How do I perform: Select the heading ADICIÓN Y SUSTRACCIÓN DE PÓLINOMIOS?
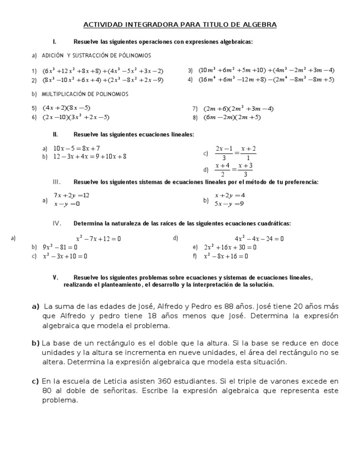(x=96, y=56)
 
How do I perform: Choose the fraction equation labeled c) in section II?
(x=235, y=153)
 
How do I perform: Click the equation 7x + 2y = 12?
(x=71, y=195)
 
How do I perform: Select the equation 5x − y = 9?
(x=229, y=204)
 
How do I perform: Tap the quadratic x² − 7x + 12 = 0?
(x=98, y=239)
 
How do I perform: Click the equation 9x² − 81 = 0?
(x=60, y=247)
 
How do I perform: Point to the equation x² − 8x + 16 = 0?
(x=226, y=256)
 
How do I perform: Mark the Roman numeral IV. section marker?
(x=57, y=223)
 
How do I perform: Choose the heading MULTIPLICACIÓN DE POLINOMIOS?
(x=85, y=94)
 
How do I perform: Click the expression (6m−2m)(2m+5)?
(x=232, y=118)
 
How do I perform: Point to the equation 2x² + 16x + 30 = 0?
(x=230, y=247)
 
